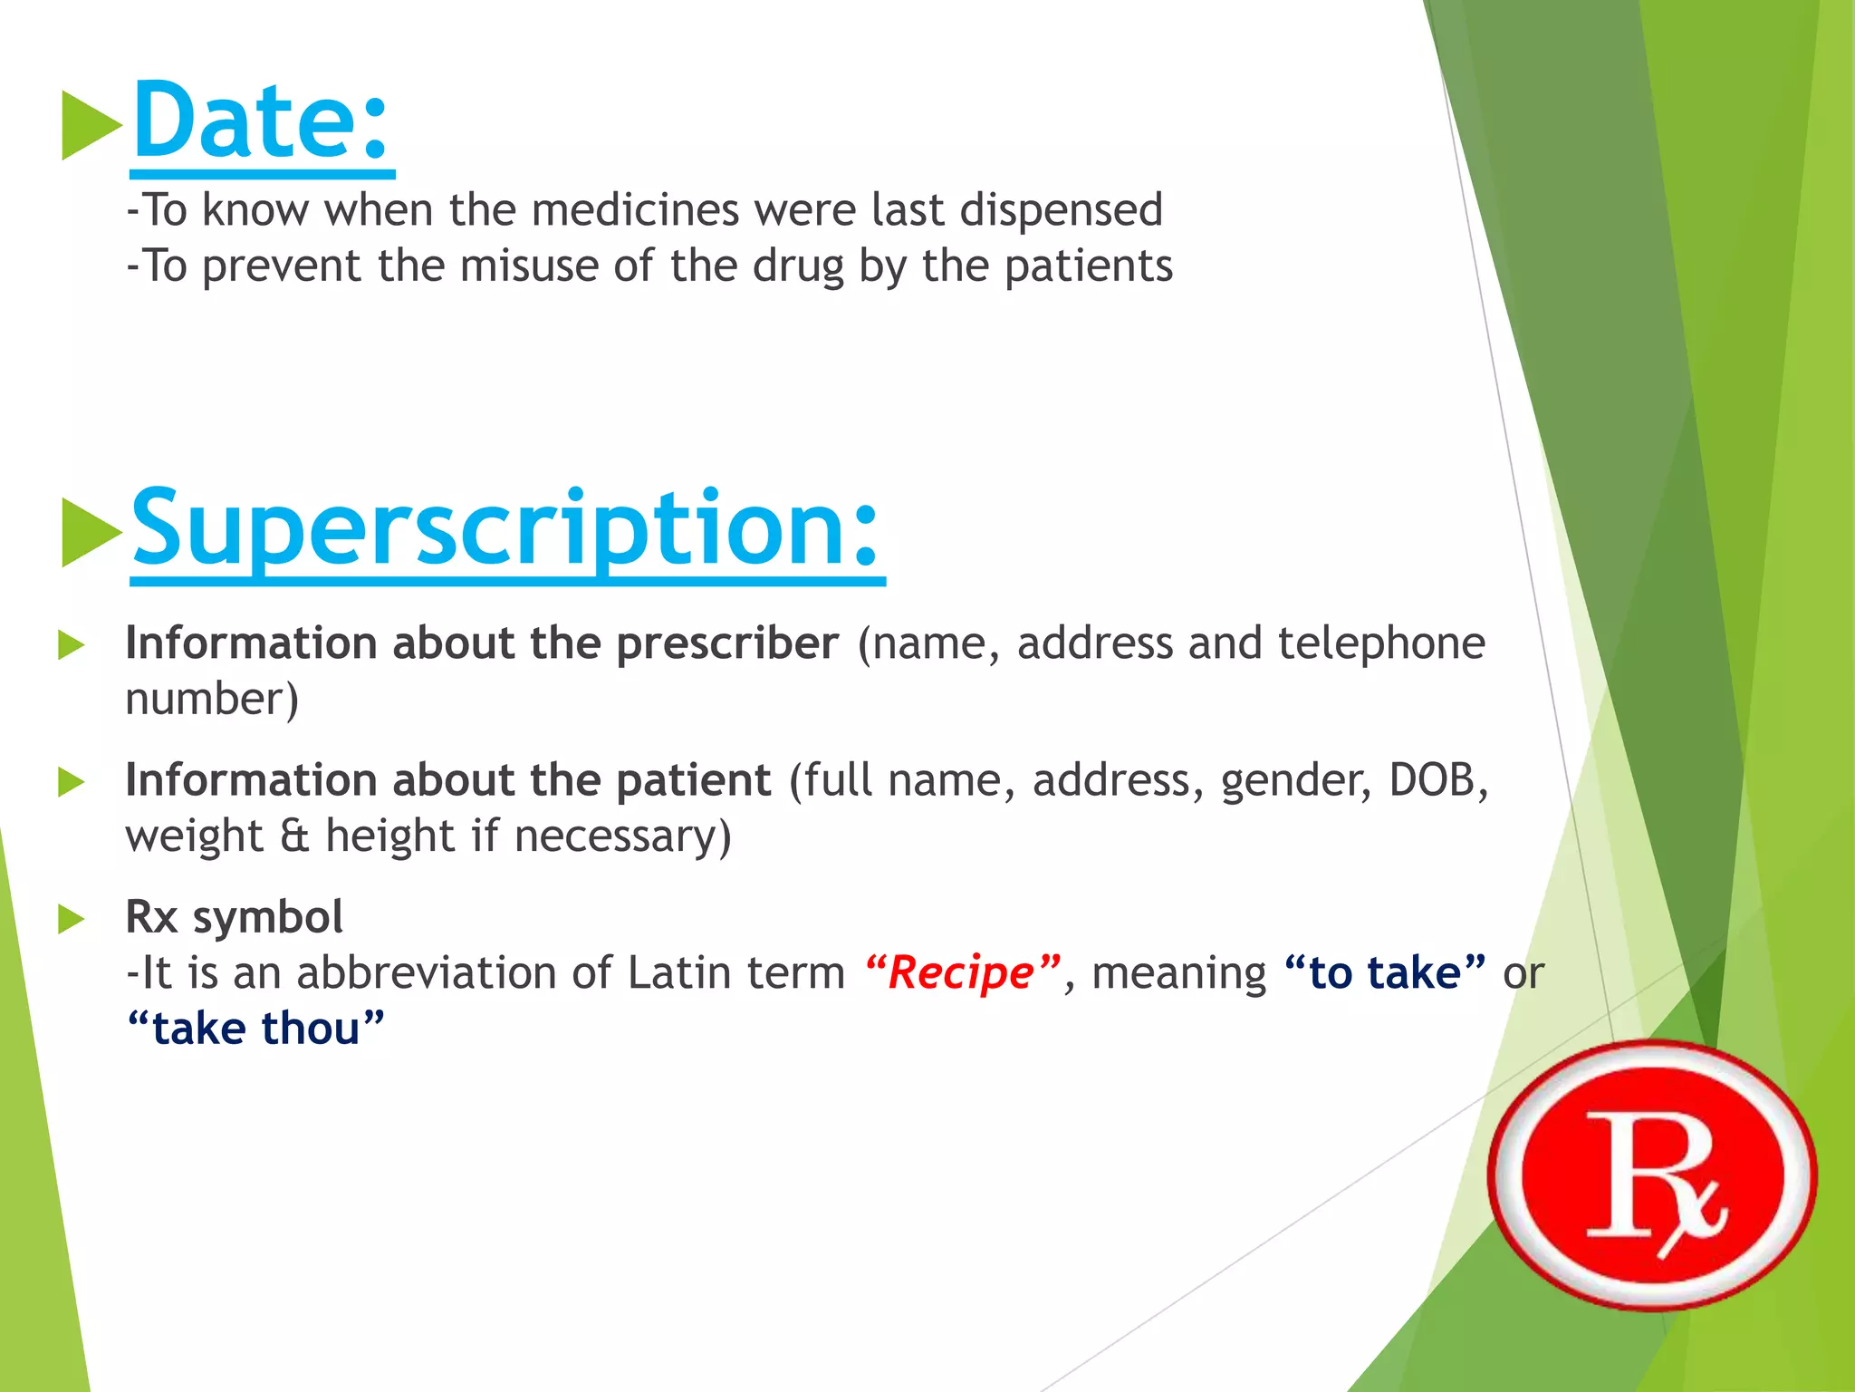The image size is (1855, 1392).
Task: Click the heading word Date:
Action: pos(261,121)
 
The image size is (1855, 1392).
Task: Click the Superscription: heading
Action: pos(505,528)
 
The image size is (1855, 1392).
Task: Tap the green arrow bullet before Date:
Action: pos(90,125)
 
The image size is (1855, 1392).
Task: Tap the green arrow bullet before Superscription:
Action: pos(90,532)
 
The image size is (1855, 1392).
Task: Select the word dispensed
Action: pos(1061,210)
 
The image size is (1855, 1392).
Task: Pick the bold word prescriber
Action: pos(727,643)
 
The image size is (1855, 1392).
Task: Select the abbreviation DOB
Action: pos(1435,780)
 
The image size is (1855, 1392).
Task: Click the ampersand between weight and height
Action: pos(294,836)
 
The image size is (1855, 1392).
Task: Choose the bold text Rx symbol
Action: pos(234,917)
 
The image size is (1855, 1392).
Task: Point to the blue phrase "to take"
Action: pos(1385,973)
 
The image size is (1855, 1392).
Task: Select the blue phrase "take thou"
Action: pos(255,1029)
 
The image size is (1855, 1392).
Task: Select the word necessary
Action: pos(622,836)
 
